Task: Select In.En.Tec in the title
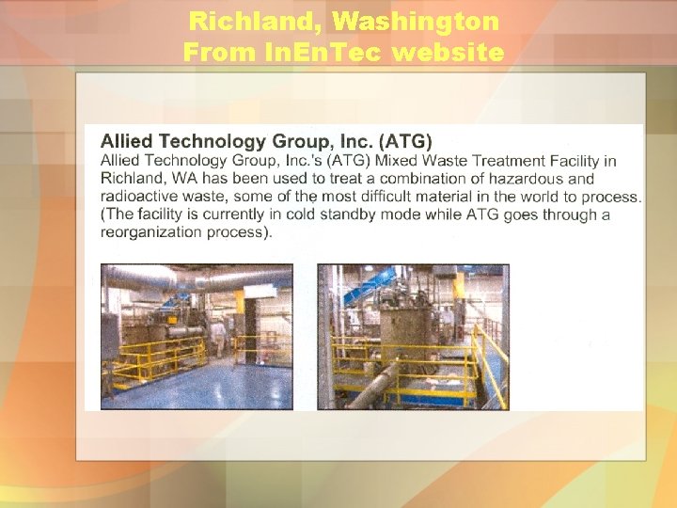(x=316, y=53)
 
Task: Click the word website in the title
(x=449, y=53)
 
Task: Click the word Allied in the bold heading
(x=131, y=142)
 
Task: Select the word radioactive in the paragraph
(x=140, y=197)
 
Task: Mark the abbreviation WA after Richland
(x=179, y=179)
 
